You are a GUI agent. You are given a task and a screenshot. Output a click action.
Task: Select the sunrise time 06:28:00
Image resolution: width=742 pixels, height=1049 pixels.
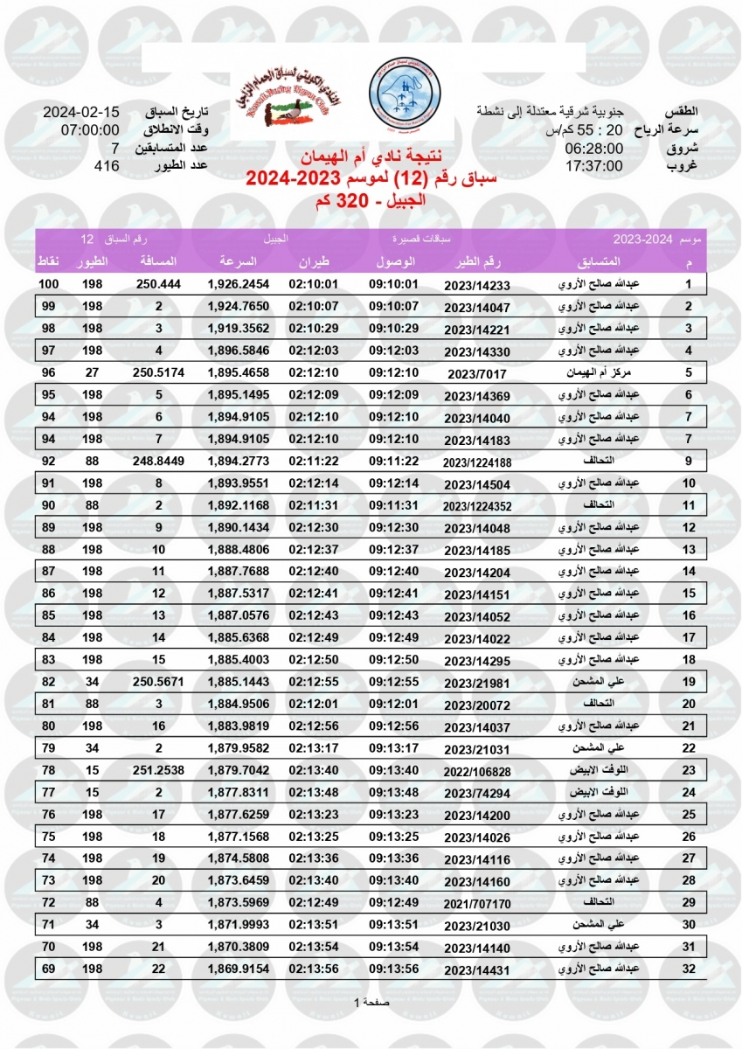click(593, 149)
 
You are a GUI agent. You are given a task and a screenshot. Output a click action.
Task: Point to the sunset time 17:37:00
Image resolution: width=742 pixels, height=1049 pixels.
click(593, 166)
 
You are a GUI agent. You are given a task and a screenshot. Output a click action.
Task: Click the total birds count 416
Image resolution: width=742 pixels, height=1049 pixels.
click(106, 166)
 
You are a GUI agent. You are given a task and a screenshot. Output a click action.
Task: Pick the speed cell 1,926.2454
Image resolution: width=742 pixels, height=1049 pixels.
click(239, 285)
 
